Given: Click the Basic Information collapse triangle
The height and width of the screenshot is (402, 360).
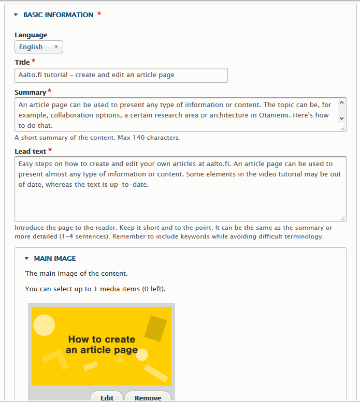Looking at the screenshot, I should [x=16, y=15].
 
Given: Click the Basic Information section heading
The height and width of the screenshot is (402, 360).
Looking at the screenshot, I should [x=58, y=15].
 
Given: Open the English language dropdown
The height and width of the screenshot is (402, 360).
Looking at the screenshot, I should [x=39, y=47].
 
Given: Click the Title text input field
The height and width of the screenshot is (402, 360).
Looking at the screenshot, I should [x=121, y=75].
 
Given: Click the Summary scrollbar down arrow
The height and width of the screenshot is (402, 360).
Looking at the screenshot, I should [x=341, y=118].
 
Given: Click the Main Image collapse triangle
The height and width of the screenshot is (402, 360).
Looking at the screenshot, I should [x=26, y=259].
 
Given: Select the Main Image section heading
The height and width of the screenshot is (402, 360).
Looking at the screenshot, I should [x=55, y=259].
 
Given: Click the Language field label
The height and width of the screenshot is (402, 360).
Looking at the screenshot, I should [x=31, y=35].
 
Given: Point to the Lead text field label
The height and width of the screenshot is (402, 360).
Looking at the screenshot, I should [x=31, y=151].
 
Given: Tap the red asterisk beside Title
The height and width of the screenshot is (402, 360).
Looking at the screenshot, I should [x=34, y=62].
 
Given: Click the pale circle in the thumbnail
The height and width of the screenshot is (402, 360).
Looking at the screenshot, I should [x=44, y=324].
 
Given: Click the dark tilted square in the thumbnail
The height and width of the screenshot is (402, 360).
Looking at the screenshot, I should [x=155, y=329].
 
